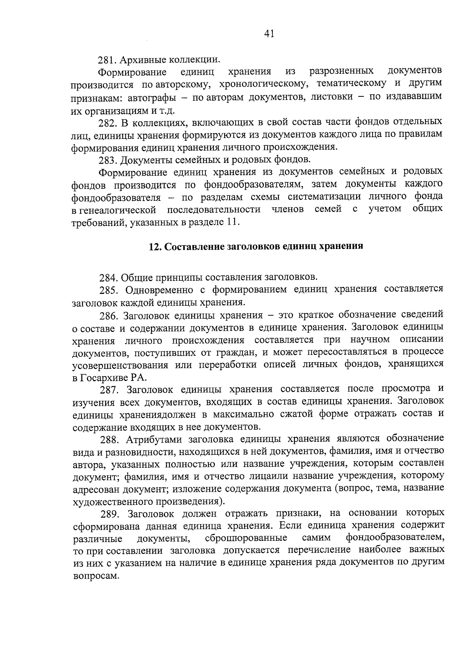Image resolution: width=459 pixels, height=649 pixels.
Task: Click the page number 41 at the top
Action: [269, 34]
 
